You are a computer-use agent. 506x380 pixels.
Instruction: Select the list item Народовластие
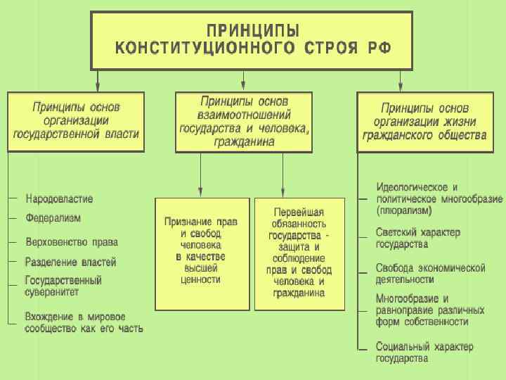click(x=59, y=199)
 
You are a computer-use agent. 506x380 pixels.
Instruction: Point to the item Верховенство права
click(x=71, y=242)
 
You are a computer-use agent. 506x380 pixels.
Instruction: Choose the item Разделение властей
click(x=70, y=262)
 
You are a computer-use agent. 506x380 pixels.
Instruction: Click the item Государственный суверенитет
click(x=63, y=285)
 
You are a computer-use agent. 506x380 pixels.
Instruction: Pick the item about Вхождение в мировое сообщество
click(x=83, y=322)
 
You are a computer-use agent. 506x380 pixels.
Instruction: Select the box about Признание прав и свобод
click(x=202, y=253)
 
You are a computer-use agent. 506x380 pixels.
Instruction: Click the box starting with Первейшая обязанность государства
click(x=299, y=253)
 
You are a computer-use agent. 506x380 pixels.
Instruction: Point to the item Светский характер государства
click(x=417, y=238)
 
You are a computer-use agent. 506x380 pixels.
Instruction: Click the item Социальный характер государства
click(x=424, y=352)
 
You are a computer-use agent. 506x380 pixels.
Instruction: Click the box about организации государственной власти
click(x=76, y=121)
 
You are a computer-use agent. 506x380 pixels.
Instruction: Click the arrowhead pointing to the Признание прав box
click(x=201, y=191)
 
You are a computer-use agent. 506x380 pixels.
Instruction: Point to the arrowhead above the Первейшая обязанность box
click(x=283, y=191)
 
